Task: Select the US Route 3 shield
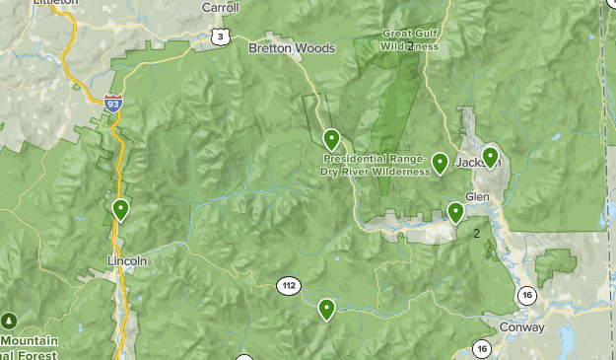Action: click(x=220, y=37)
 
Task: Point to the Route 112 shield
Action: click(x=287, y=286)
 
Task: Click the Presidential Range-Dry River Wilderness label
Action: click(x=375, y=164)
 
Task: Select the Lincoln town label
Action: click(x=126, y=261)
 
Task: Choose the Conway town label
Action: click(x=521, y=327)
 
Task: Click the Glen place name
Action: click(x=477, y=196)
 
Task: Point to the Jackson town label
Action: click(x=479, y=162)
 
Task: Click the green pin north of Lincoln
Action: click(x=120, y=209)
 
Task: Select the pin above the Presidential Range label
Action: click(x=332, y=139)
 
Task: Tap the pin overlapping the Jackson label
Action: click(x=489, y=157)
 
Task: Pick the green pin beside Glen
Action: click(x=455, y=211)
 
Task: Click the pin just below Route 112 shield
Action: click(x=325, y=309)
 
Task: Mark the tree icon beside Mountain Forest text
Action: click(x=9, y=322)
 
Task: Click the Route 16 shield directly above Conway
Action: click(x=528, y=295)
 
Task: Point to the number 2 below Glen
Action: click(x=477, y=234)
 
